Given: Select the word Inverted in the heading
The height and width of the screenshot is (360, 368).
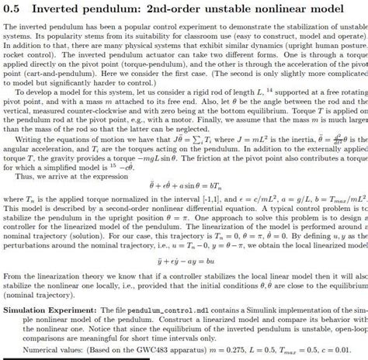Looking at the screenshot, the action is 57,9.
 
